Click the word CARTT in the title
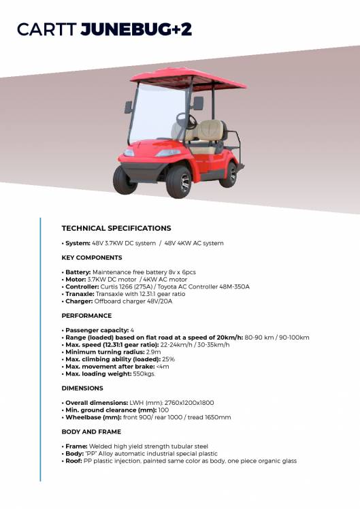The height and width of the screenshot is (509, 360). click(46, 29)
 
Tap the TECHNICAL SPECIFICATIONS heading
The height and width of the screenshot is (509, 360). click(116, 229)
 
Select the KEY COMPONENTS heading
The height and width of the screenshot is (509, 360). click(92, 258)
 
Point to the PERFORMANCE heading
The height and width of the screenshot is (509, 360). click(86, 316)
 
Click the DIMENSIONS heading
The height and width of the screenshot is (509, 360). click(82, 389)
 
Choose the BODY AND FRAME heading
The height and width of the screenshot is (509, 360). click(91, 432)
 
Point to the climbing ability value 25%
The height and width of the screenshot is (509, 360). click(169, 359)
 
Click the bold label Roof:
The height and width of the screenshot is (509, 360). click(75, 461)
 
